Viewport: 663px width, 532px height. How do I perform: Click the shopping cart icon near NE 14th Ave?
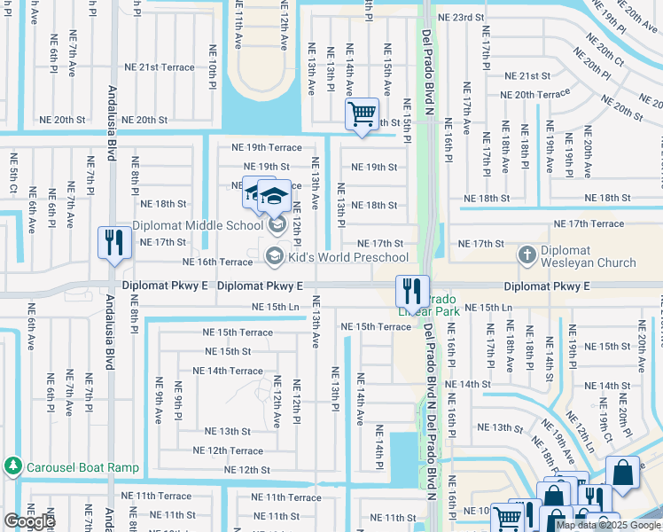point(362,114)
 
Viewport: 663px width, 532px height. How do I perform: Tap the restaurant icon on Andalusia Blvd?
point(114,244)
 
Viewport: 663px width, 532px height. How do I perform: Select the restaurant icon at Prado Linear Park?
point(412,290)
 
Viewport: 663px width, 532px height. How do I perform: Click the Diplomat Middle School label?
point(198,225)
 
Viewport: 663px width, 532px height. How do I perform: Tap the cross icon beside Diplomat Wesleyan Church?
point(527,256)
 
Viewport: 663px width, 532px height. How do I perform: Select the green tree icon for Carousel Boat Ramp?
point(12,465)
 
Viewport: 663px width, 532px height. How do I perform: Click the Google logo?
point(30,521)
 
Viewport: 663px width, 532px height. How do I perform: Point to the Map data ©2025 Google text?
point(608,524)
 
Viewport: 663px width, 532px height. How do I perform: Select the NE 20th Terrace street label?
point(534,95)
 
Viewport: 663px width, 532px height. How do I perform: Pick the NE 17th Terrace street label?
point(589,224)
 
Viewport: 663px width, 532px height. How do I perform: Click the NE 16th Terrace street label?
point(217,262)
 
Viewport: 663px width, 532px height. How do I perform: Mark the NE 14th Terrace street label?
point(227,372)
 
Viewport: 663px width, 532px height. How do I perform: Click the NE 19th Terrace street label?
point(266,147)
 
